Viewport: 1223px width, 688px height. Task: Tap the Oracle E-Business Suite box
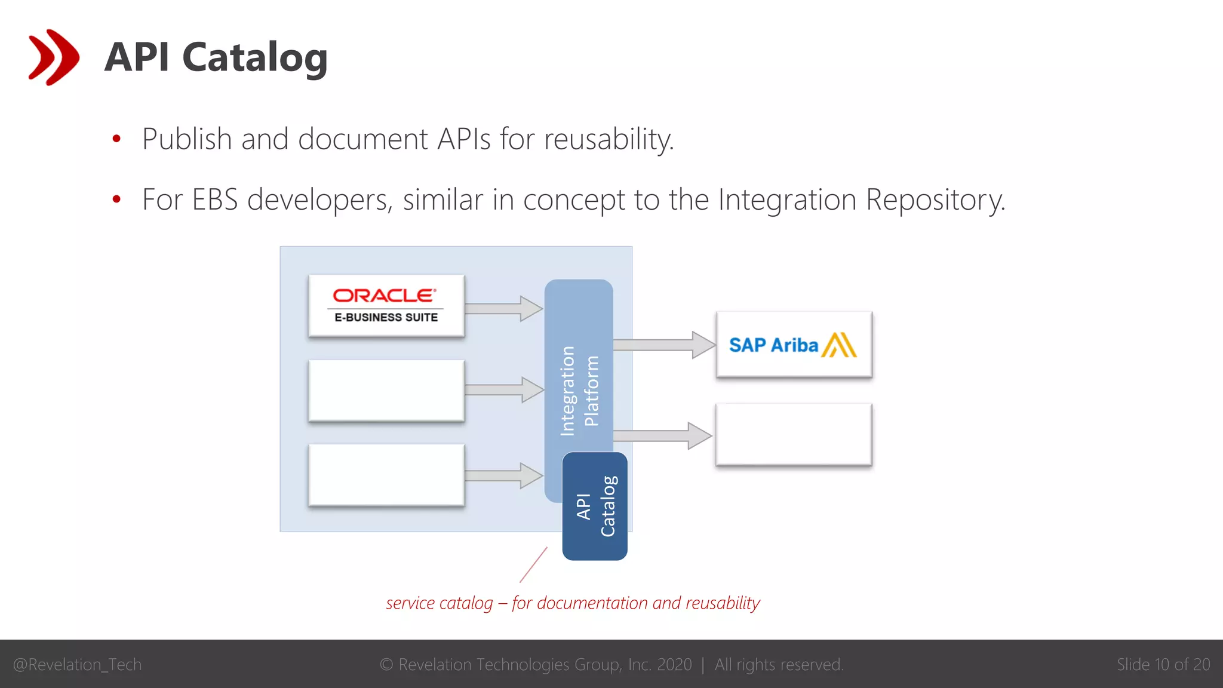386,306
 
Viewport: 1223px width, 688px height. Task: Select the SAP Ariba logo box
794,345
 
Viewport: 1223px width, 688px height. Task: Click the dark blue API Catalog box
595,506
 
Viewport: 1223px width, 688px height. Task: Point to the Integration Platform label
579,391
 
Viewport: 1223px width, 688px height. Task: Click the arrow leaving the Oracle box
503,308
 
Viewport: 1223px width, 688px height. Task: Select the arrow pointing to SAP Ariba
663,345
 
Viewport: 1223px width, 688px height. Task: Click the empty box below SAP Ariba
794,435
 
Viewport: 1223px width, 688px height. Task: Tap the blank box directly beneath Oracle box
386,391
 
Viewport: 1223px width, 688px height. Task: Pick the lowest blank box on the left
386,475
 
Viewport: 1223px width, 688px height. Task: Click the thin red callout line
533,565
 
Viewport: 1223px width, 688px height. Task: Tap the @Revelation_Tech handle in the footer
78,665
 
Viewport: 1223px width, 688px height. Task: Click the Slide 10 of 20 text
1163,665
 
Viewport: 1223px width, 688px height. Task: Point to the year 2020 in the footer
674,665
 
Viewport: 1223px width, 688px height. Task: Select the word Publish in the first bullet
186,139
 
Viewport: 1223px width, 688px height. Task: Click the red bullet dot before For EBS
116,199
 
